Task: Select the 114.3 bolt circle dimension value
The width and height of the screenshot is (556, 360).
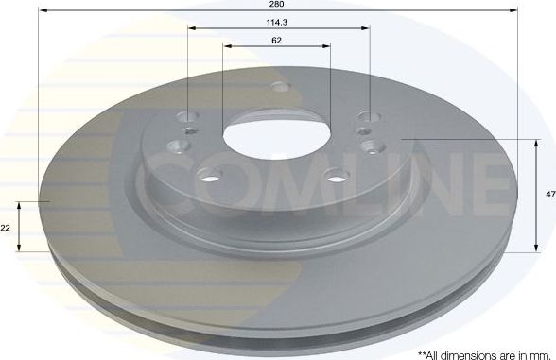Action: [277, 21]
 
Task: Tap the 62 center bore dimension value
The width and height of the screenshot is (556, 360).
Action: [277, 41]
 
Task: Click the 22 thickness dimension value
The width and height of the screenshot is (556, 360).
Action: [6, 228]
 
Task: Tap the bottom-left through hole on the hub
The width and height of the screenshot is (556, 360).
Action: [209, 174]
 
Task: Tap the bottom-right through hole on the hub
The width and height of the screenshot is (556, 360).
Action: [337, 176]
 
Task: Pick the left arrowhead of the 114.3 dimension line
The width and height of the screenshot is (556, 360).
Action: [191, 28]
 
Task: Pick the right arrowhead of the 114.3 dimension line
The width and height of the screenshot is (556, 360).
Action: [365, 28]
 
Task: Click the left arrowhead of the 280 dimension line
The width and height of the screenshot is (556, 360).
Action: [42, 11]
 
